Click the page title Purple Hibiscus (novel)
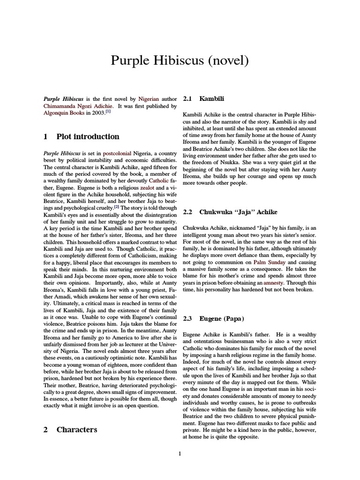180,60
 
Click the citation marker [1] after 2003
108,113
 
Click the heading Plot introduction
88,137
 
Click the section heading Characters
77,429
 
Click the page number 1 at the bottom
180,453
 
